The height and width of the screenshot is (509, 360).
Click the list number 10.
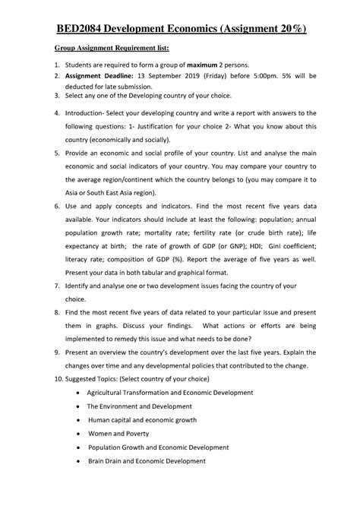pos(58,378)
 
